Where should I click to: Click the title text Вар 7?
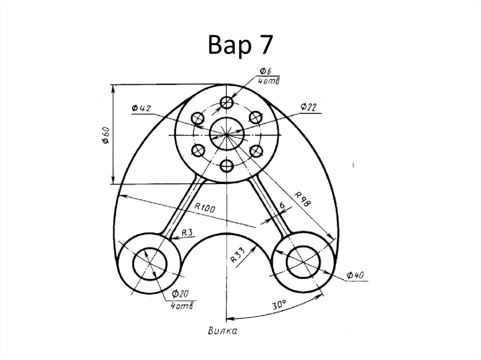[x=240, y=45]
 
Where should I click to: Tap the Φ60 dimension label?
[x=106, y=136]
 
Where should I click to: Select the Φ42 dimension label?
[x=141, y=108]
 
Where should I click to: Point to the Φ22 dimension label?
[x=309, y=107]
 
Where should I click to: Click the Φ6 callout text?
[x=266, y=71]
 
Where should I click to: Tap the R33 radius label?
[x=238, y=255]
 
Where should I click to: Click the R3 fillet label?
[x=187, y=232]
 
